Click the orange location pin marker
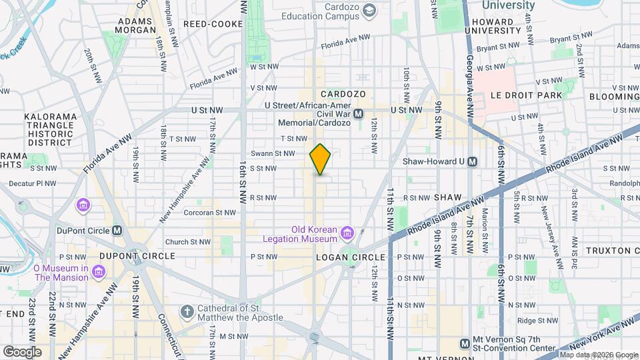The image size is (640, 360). point(320,159)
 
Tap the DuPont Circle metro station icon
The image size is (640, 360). point(117,231)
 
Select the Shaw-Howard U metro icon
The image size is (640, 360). point(473,161)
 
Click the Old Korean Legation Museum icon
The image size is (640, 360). point(347,233)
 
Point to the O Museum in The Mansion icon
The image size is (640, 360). point(99,272)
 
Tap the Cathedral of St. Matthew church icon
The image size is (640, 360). point(187,312)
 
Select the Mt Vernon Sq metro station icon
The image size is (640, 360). point(465,343)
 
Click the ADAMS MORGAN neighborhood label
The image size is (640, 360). point(136,25)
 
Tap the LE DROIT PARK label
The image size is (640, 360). point(527,95)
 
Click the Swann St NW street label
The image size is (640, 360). point(273,153)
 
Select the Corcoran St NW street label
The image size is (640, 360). point(210,213)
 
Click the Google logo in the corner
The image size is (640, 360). point(22,351)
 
